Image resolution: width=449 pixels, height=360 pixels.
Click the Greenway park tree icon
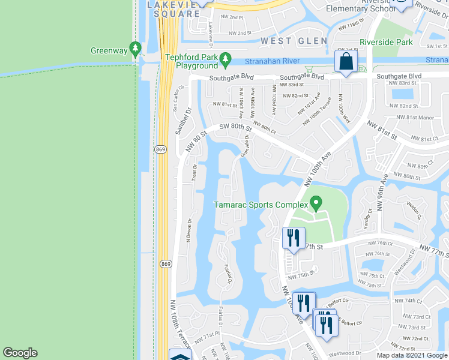pos(136,48)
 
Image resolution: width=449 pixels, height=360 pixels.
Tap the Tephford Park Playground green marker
pos(225,59)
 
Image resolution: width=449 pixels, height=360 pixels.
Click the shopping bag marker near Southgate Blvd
pos(346,62)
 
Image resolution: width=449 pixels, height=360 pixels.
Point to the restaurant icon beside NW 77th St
pos(294,238)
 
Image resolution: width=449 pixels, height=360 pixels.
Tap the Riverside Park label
pos(386,43)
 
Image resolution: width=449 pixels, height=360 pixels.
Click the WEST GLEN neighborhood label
pos(294,41)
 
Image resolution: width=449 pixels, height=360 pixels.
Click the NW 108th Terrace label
pos(179,324)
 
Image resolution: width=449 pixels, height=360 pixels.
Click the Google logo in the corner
pos(20,353)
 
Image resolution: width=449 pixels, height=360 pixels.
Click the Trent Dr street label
pos(194,172)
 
